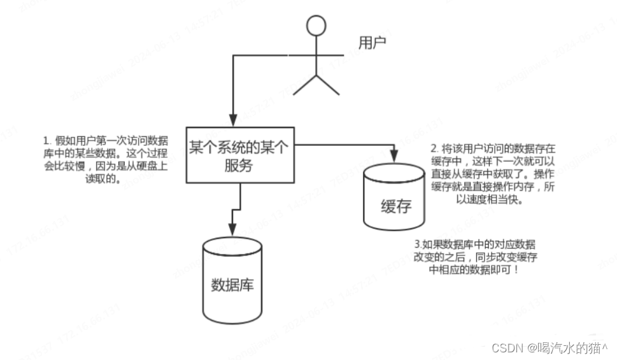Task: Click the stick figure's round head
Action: tap(316, 26)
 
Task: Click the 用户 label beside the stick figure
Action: tap(372, 43)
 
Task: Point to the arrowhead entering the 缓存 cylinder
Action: tap(395, 156)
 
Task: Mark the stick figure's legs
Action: tap(316, 83)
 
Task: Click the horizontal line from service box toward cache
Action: tap(344, 145)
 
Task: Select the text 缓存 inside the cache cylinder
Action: tap(395, 207)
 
